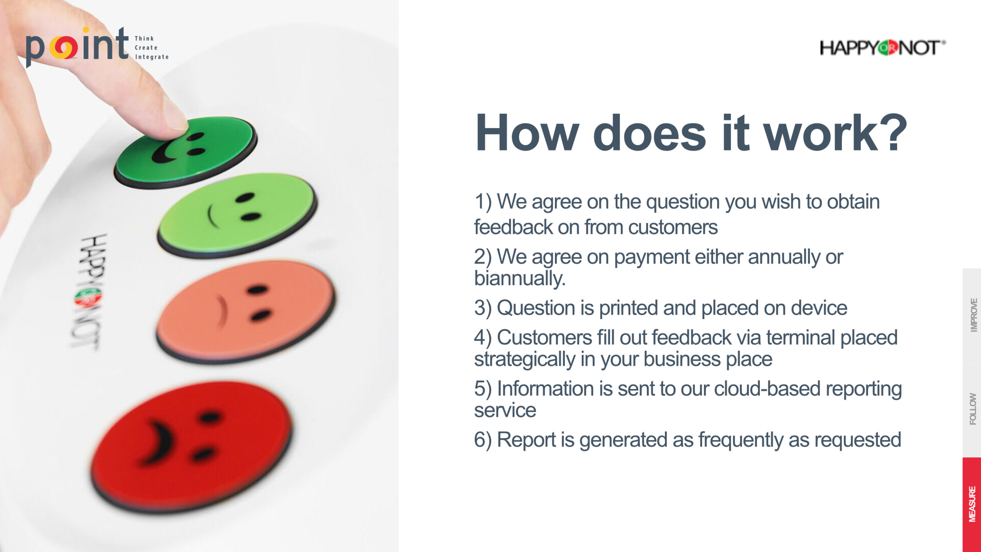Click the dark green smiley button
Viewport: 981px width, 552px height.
pos(186,152)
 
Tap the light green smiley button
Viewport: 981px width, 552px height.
pos(237,215)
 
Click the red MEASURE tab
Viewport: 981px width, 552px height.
pos(972,504)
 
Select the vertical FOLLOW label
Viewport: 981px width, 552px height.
pos(973,409)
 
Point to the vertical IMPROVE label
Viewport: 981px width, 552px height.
pos(974,315)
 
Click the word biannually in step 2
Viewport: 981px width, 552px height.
pos(520,278)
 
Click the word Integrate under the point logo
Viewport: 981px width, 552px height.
pos(152,57)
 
